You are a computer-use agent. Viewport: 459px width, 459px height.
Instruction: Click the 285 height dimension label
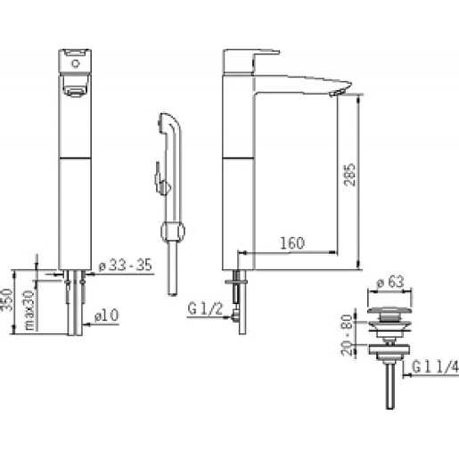(x=349, y=175)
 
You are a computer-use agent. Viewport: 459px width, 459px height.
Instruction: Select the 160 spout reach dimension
(x=292, y=243)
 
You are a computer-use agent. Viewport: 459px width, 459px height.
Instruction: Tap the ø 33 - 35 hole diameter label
(x=126, y=265)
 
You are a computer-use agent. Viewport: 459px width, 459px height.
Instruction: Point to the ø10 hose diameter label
(x=107, y=316)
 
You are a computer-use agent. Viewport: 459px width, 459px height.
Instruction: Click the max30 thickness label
(x=29, y=310)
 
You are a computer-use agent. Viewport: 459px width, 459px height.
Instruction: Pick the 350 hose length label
(x=7, y=299)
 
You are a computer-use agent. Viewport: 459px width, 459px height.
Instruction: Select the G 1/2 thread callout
(x=205, y=309)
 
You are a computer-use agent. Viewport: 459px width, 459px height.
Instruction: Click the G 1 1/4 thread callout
(x=436, y=367)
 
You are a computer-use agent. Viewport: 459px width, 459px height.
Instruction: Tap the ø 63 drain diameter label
(x=390, y=282)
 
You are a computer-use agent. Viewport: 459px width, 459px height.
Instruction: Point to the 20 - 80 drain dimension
(x=347, y=335)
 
